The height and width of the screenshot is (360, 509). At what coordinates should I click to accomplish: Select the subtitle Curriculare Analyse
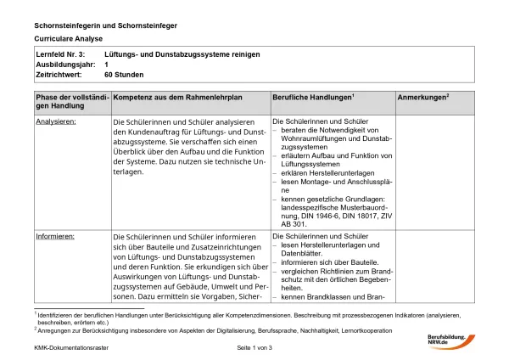(x=69, y=39)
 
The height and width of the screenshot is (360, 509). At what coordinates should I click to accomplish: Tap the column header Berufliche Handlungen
(x=312, y=99)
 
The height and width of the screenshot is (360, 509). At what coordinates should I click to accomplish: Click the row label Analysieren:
(x=56, y=121)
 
